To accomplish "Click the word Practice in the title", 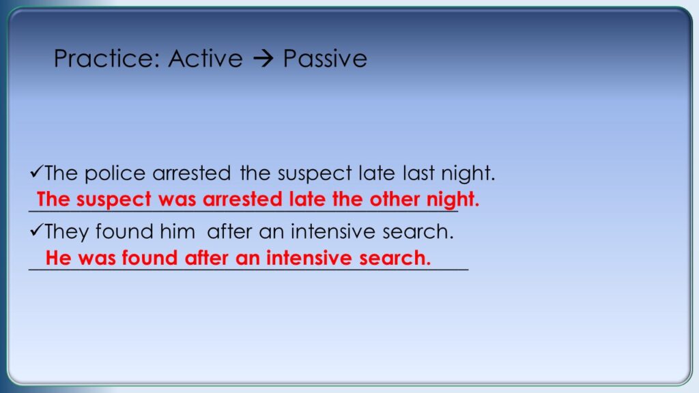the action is pos(106,59).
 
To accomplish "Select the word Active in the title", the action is pos(205,59).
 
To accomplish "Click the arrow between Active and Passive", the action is pos(263,59).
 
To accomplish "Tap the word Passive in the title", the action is pos(325,59).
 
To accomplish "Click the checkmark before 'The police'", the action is pos(36,171).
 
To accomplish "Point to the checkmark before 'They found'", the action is pos(36,230).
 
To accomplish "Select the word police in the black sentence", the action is pos(115,173).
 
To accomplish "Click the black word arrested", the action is pos(192,173).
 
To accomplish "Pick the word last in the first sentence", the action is pos(418,173).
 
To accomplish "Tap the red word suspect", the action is pos(114,200).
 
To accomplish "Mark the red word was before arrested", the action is pos(177,200).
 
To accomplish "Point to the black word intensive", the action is pos(327,232).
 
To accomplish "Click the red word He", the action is pos(59,258).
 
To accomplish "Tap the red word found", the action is pos(149,258).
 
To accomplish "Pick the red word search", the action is pos(395,258).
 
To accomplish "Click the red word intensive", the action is pos(309,258).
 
